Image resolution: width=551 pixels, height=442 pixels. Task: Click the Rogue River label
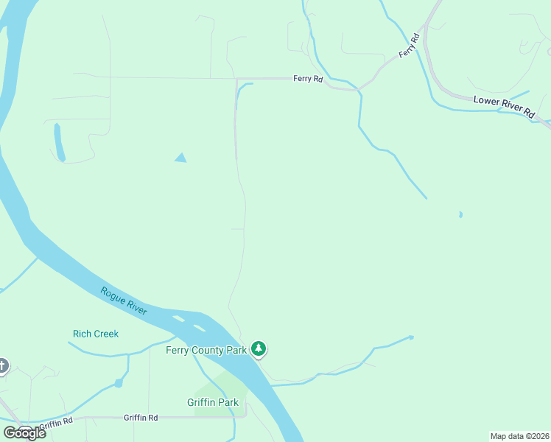[124, 301]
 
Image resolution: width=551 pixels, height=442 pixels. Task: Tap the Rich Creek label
[96, 334]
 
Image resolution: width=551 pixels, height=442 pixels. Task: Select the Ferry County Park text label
[206, 350]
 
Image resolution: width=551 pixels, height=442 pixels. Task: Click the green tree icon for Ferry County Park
[258, 348]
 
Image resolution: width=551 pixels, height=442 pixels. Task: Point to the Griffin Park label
[213, 402]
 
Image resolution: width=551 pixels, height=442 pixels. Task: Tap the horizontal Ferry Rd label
[308, 78]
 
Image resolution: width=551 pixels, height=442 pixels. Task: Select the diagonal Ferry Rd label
[409, 45]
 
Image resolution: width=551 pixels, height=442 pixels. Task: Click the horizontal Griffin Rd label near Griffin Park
[141, 418]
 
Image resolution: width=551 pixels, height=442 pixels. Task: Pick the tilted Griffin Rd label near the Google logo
[57, 424]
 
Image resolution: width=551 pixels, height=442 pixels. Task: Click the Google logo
[24, 432]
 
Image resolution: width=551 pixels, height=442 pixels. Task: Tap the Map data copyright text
[519, 435]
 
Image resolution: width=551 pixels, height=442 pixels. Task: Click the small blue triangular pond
[180, 158]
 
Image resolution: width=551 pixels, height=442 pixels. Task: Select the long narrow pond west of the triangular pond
[59, 142]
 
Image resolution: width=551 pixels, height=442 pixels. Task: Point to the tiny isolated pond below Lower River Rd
[460, 214]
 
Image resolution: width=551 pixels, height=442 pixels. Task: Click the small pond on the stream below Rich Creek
[118, 383]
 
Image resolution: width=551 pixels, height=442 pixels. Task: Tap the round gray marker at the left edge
[2, 365]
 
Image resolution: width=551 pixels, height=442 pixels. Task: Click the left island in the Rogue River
[178, 319]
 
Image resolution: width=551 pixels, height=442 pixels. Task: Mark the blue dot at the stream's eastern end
[411, 337]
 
